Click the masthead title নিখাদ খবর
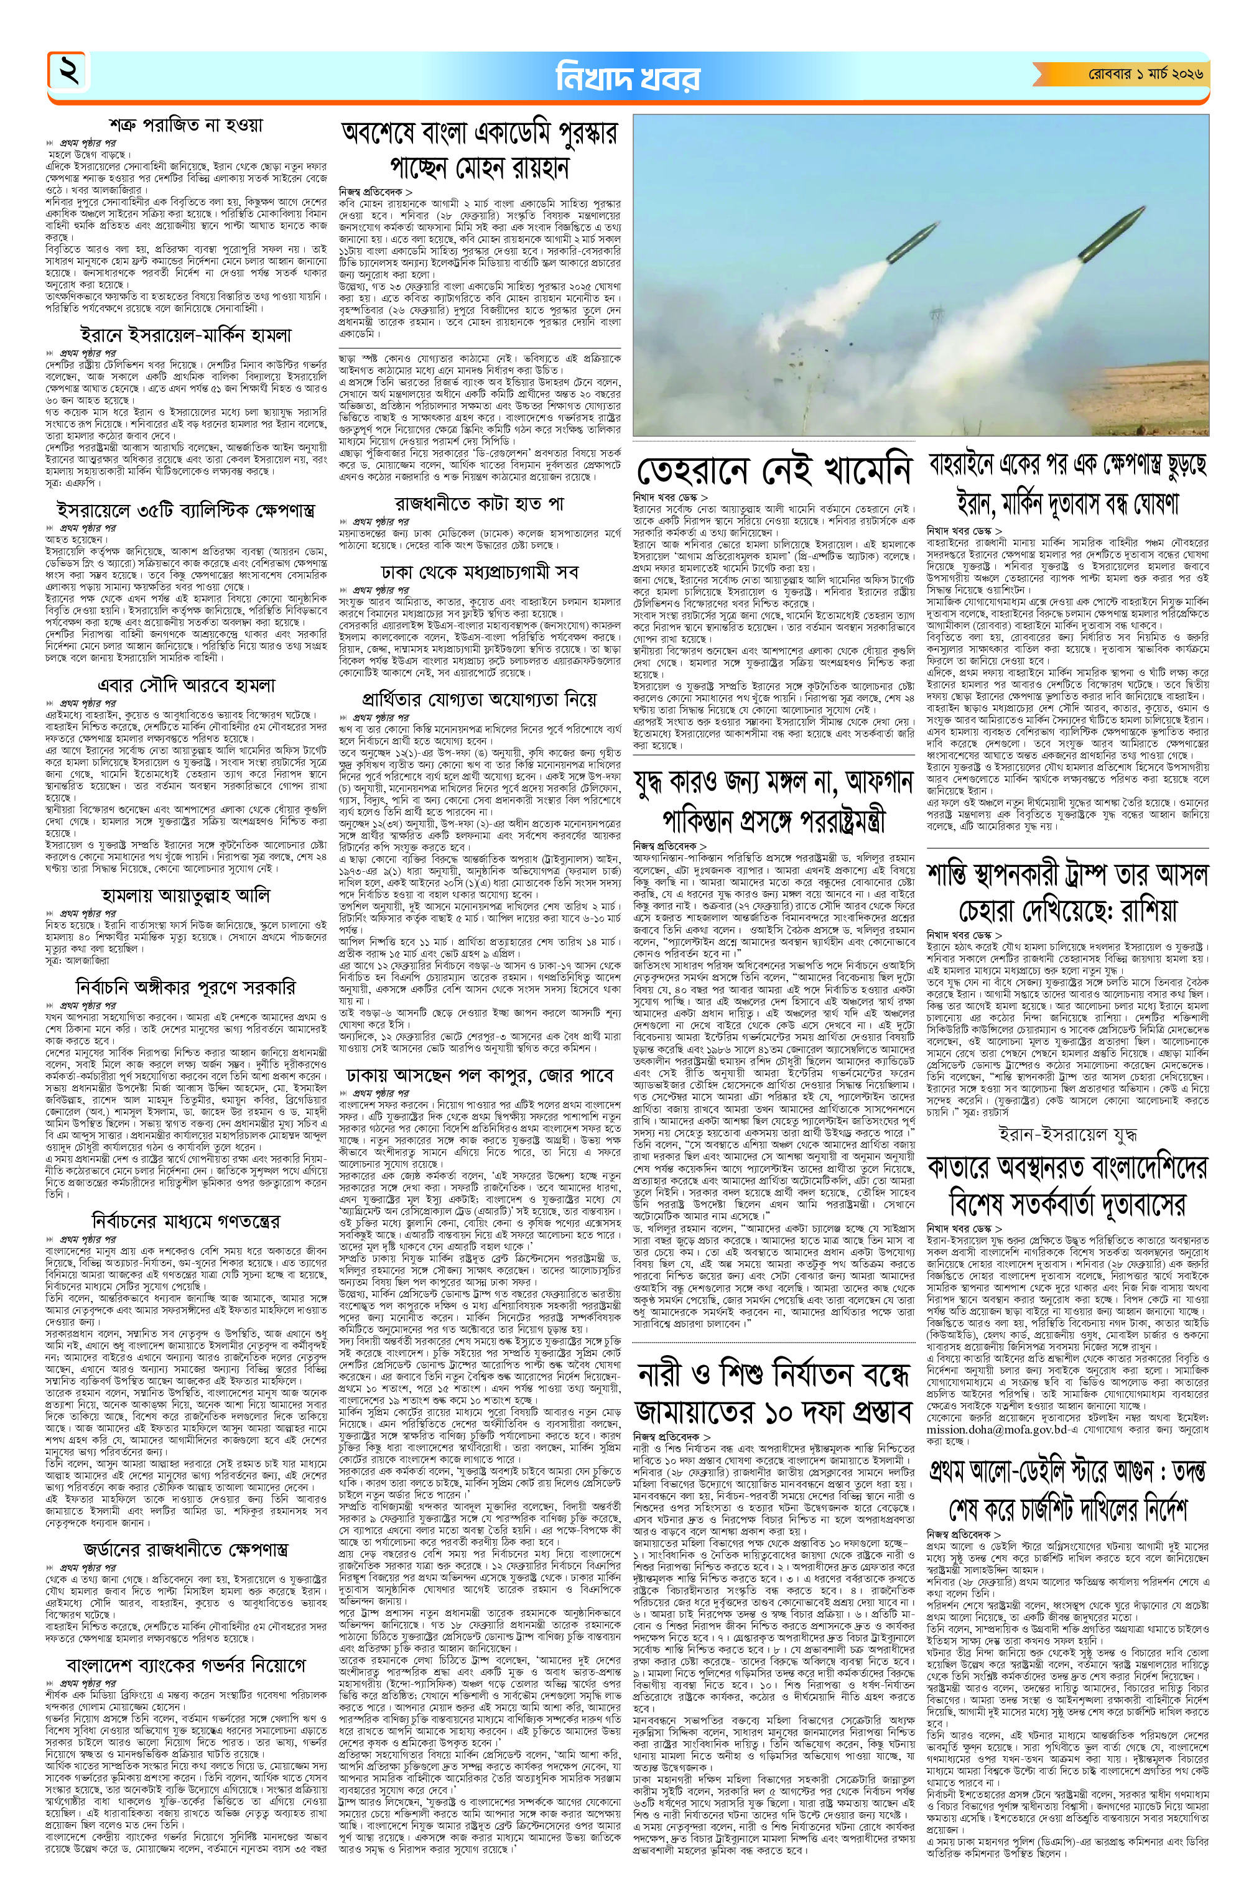point(627,78)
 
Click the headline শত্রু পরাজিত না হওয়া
point(187,126)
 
